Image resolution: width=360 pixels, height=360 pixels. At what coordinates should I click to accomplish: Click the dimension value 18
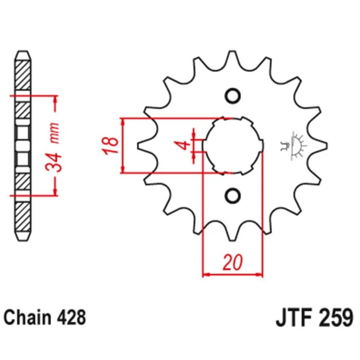point(109,146)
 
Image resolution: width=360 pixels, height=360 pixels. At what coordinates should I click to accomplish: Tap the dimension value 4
point(180,145)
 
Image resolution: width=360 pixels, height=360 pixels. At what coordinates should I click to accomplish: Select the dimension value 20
point(231,263)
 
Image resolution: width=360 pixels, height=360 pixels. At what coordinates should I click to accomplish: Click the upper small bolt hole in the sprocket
point(232,95)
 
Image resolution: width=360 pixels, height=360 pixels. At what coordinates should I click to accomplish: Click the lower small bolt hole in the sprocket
point(232,195)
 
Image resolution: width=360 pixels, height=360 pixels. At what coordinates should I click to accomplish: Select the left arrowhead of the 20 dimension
point(206,275)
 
